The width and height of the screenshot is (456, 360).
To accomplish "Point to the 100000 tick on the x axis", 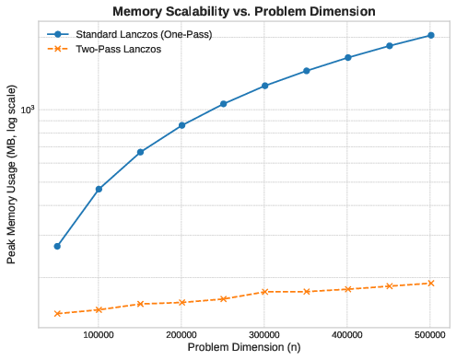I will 99,335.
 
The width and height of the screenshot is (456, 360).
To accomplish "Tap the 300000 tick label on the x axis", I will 264,335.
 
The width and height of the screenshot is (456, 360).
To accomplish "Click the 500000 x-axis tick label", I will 430,335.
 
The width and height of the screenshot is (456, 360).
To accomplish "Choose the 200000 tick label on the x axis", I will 181,335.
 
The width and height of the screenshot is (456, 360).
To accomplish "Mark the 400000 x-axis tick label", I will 347,335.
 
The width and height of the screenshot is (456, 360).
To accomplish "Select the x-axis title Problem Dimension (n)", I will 244,348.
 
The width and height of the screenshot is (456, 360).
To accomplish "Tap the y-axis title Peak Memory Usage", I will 11,176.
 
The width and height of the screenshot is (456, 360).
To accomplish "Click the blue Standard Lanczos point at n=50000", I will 58,246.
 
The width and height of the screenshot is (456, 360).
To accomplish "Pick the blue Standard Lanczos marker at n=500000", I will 430,35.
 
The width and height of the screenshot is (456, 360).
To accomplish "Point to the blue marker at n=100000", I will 99,189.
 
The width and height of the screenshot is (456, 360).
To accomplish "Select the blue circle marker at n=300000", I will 264,86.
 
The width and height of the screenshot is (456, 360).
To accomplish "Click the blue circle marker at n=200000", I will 181,125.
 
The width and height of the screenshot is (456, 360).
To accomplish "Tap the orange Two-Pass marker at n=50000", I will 58,313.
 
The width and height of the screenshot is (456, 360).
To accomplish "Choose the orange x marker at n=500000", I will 430,283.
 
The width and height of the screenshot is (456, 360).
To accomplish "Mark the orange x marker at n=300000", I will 264,291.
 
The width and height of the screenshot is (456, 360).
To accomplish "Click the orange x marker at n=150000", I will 140,304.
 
